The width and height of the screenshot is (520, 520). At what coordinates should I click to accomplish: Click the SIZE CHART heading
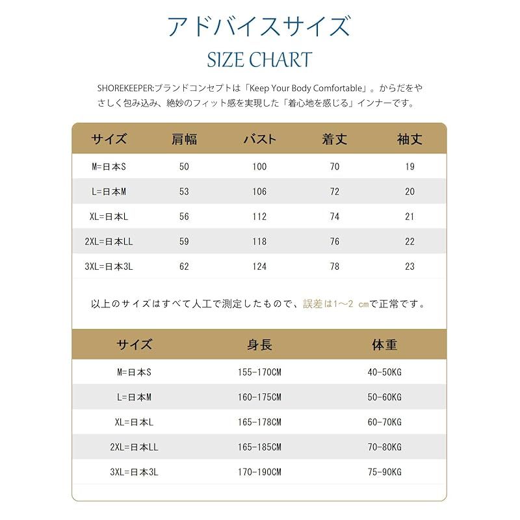coord(259,59)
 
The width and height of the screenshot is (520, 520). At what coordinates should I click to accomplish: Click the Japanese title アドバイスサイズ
coord(259,26)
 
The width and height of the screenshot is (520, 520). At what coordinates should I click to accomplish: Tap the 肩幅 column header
coord(184,139)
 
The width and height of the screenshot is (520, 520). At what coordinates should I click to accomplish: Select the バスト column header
coord(259,139)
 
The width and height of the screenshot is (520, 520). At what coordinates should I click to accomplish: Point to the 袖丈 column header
coord(409,139)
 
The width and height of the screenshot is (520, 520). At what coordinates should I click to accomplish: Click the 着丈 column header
coord(335,139)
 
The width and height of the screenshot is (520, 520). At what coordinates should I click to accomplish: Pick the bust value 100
coord(259,167)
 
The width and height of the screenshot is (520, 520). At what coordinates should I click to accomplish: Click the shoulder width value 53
coord(184,192)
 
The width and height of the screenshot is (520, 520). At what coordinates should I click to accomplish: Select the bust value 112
coord(259,216)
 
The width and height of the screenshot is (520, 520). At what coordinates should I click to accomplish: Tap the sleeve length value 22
coord(409,241)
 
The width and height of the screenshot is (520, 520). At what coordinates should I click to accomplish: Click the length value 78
coord(335,266)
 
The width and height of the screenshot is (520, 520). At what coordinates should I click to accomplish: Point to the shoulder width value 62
coord(184,266)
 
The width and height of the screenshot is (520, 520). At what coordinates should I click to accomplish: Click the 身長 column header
coord(259,345)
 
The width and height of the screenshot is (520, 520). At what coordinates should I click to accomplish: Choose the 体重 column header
coord(384,345)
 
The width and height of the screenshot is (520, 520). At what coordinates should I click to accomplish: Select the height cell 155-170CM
coord(259,372)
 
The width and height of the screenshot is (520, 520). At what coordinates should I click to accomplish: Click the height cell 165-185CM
coord(259,447)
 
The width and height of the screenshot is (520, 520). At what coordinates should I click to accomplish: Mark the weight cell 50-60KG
coord(384,397)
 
